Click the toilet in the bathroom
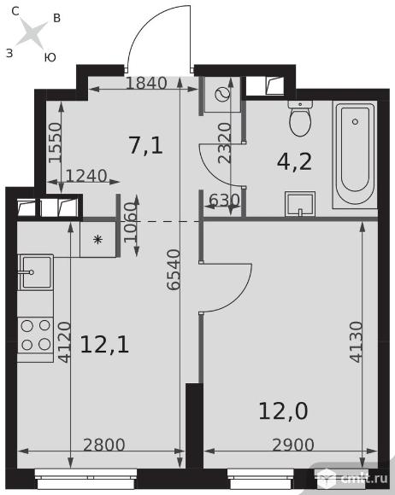click(x=300, y=118)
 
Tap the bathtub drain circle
click(x=355, y=121)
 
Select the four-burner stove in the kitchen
click(x=35, y=335)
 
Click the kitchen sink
click(x=35, y=272)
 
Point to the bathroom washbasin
click(x=300, y=204)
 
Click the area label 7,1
click(x=146, y=145)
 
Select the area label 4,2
click(x=294, y=161)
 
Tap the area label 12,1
click(x=104, y=344)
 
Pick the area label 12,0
click(x=283, y=411)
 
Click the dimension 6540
click(x=174, y=270)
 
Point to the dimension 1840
click(x=146, y=83)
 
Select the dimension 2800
click(x=104, y=445)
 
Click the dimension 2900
click(x=293, y=445)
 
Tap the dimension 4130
click(x=356, y=341)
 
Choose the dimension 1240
click(x=86, y=176)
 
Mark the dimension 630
click(x=224, y=200)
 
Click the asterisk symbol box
click(x=98, y=240)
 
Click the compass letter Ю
click(x=50, y=57)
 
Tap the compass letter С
click(x=15, y=11)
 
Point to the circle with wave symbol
click(x=222, y=94)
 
